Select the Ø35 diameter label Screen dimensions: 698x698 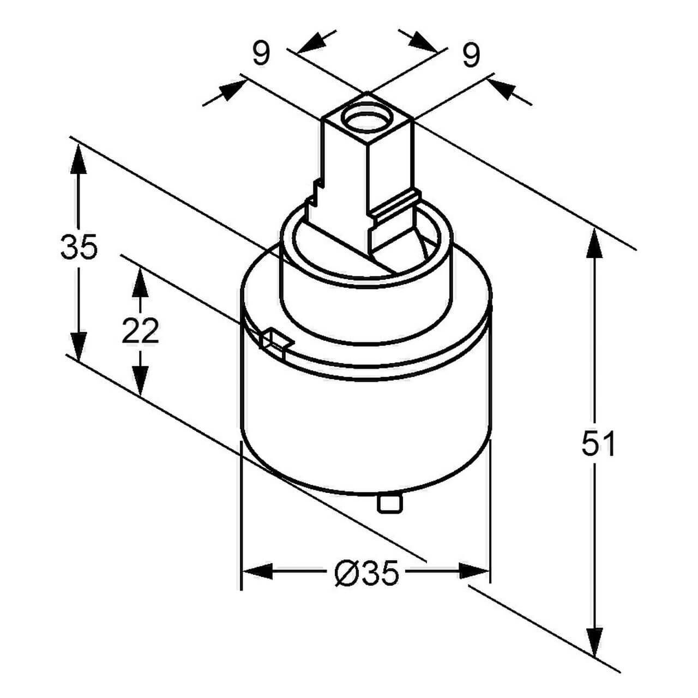[366, 573]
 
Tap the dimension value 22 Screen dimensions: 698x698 [140, 330]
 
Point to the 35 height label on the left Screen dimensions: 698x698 [79, 247]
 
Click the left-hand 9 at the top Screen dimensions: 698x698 [261, 53]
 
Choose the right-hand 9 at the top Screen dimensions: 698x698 [471, 55]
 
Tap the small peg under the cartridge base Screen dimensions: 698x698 [389, 502]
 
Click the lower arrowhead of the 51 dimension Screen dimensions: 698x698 [594, 641]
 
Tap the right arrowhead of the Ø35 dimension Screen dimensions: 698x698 [474, 571]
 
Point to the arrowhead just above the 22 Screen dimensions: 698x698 [140, 283]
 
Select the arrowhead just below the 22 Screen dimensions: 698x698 [140, 378]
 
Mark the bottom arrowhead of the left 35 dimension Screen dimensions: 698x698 [79, 346]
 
